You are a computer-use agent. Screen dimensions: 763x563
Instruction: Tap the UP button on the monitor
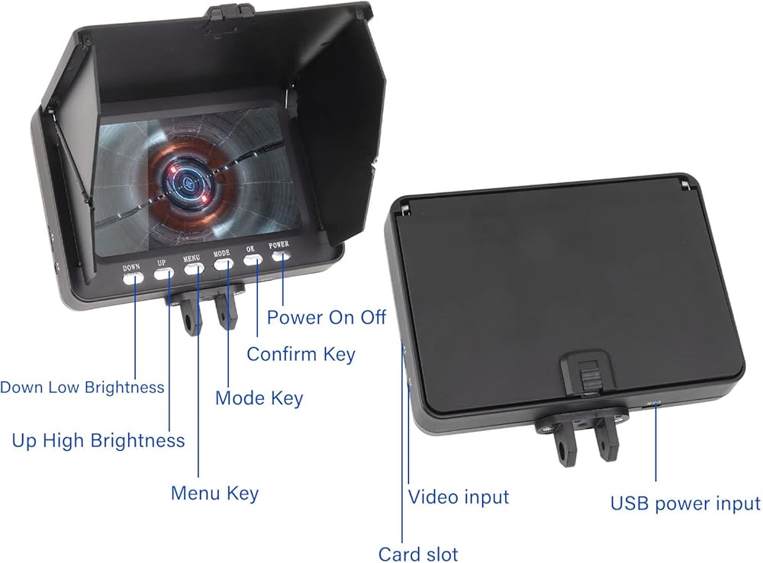click(x=164, y=273)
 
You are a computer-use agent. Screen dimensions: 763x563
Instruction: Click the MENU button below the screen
click(x=194, y=269)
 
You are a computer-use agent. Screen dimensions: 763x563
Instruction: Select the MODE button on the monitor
click(x=224, y=264)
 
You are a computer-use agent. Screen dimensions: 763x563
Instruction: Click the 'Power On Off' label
click(x=327, y=317)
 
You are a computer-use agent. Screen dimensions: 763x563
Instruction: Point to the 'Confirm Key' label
click(x=301, y=354)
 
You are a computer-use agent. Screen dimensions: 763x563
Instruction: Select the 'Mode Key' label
click(x=259, y=398)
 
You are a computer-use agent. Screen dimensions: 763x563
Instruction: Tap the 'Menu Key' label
click(x=214, y=494)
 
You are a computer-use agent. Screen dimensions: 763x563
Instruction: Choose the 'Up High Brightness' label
click(x=98, y=441)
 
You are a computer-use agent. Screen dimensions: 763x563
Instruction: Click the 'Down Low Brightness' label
click(x=82, y=388)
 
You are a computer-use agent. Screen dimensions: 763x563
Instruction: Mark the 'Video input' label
click(x=459, y=497)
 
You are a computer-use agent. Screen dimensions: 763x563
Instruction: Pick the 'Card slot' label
click(x=418, y=554)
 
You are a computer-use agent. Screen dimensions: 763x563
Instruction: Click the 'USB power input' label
click(x=685, y=503)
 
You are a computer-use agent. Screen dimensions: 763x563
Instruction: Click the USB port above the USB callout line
click(x=653, y=403)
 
